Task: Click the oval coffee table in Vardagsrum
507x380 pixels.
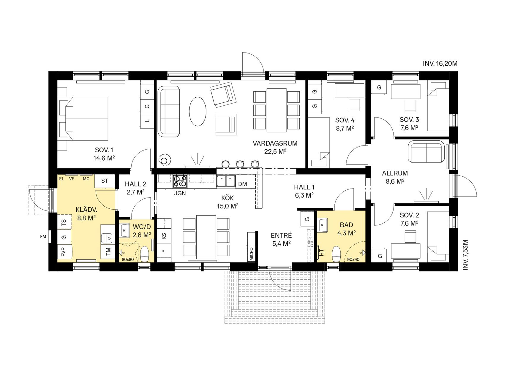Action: click(198, 112)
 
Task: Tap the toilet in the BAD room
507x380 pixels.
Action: click(336, 254)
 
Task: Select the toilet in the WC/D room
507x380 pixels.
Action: click(145, 254)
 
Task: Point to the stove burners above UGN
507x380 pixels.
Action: click(180, 181)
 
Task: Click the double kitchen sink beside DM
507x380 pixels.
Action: click(226, 181)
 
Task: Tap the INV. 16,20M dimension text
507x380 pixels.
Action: click(440, 63)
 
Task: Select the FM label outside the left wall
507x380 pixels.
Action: click(43, 237)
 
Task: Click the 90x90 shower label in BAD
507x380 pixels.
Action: click(353, 259)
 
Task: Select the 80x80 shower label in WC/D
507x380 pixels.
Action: click(128, 259)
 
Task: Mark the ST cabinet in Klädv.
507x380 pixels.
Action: click(105, 181)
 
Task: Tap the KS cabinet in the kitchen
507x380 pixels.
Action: click(164, 236)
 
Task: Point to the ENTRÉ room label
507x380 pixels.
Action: click(281, 236)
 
